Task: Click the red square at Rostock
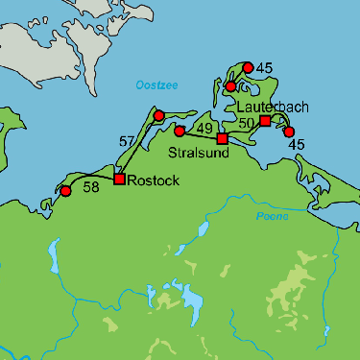tap(119, 179)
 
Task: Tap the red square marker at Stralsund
tap(222, 139)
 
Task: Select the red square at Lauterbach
tap(265, 120)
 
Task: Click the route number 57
tap(128, 142)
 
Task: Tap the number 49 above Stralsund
tap(204, 128)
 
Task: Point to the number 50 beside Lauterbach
tap(246, 123)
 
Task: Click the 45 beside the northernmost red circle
tap(265, 67)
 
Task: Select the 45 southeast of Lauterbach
tap(297, 144)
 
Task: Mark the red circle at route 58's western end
tap(65, 192)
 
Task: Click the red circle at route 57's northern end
tap(159, 116)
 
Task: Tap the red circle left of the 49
tap(180, 131)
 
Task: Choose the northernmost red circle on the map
tap(248, 67)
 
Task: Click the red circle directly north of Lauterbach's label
tap(230, 87)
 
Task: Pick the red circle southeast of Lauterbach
tap(289, 132)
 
